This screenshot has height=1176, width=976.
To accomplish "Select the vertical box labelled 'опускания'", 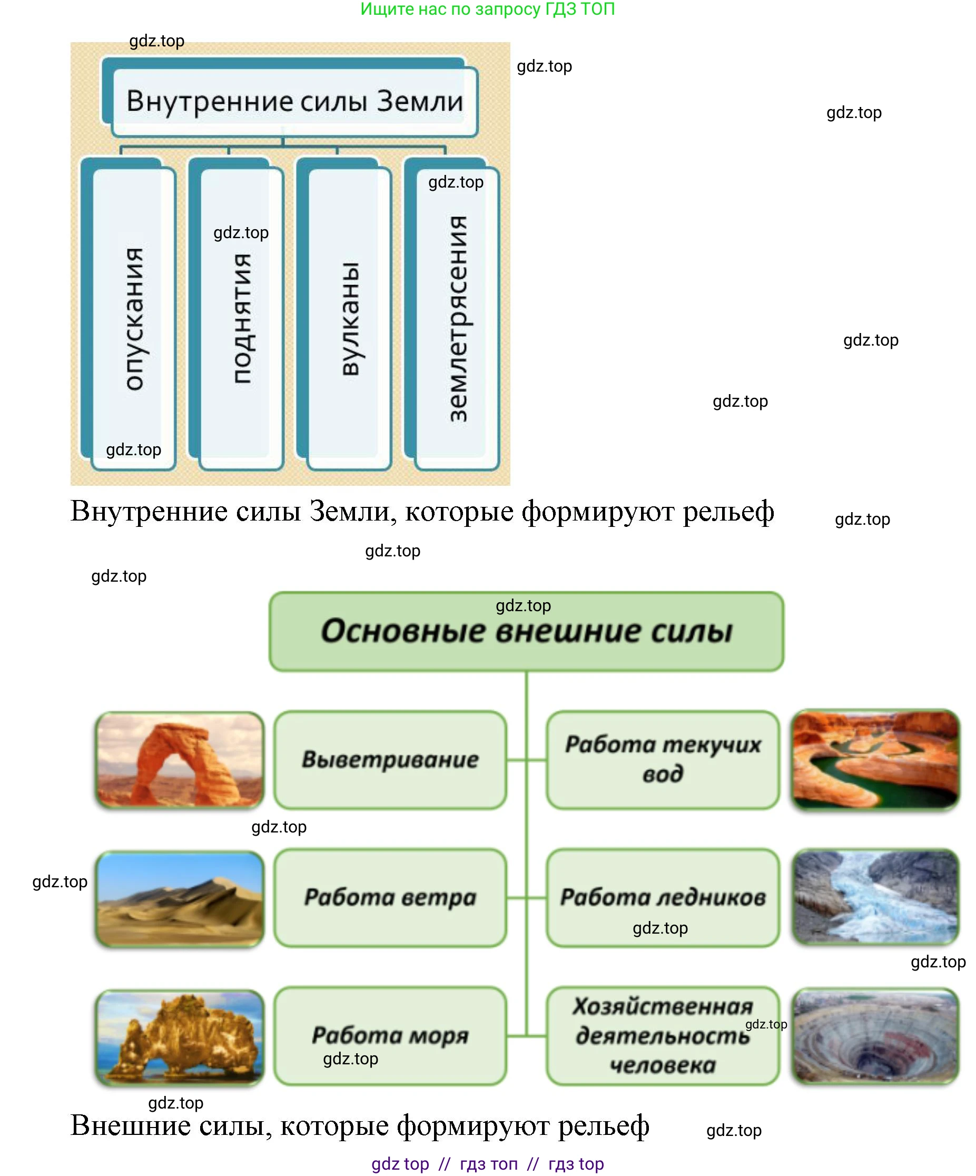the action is click(x=128, y=313).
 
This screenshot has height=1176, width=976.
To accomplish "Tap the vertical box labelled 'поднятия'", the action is click(x=236, y=313).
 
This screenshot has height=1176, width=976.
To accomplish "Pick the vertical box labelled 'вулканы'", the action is click(x=344, y=313).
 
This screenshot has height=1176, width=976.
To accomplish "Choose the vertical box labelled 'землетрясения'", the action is click(x=452, y=313).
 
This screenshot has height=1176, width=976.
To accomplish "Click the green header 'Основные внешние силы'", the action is click(x=526, y=631).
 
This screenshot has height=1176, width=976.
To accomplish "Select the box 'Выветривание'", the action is click(x=390, y=759).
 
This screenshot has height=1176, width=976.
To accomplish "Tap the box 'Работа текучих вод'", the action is click(x=663, y=759).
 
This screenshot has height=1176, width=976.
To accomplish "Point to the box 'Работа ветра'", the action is click(x=390, y=898).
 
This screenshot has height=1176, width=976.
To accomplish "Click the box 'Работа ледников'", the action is click(x=663, y=898).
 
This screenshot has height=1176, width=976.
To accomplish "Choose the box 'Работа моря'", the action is click(x=390, y=1036).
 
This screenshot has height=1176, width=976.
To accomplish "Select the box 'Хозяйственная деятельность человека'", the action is click(x=663, y=1036).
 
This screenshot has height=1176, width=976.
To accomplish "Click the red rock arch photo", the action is click(x=180, y=759).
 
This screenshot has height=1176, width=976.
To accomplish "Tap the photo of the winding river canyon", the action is click(x=876, y=759).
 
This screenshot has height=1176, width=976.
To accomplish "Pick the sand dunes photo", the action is click(x=180, y=898).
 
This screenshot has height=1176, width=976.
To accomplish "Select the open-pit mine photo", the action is click(x=876, y=1036).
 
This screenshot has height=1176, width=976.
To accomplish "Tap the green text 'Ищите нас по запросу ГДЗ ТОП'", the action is click(x=488, y=9).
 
